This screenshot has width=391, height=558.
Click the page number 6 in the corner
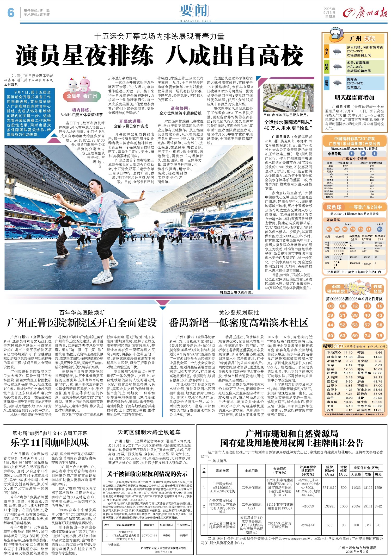coord(10,12)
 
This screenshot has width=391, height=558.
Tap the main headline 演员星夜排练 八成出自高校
coord(159,55)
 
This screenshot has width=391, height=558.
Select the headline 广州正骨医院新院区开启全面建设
coord(82,323)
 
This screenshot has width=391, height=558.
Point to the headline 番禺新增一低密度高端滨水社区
coord(239,323)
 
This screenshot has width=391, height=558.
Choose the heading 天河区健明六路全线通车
coord(149,432)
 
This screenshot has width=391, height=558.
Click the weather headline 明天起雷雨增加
coord(354,97)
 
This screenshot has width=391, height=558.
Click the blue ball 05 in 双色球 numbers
coord(380,229)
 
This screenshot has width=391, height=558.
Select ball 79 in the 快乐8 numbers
coord(380,335)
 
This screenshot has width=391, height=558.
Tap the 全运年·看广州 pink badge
coord(82,96)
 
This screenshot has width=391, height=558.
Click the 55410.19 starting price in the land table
coord(329,487)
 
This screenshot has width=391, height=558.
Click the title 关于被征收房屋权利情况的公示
coord(147,474)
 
